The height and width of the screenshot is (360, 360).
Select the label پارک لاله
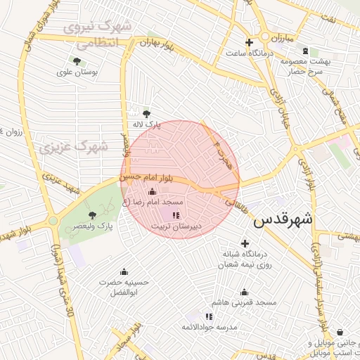click(x=148, y=124)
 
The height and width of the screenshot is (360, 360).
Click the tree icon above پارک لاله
click(x=146, y=113)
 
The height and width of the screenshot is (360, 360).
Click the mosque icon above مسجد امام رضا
click(x=152, y=192)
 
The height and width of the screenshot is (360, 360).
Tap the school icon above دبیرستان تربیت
click(x=176, y=215)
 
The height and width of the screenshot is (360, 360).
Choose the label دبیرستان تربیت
click(x=176, y=226)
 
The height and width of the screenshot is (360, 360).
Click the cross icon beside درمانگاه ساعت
click(x=249, y=42)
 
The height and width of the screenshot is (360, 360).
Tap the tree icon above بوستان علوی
click(x=77, y=61)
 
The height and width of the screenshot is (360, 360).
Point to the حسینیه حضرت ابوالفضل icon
click(x=124, y=272)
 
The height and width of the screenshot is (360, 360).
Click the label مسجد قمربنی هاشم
click(x=247, y=302)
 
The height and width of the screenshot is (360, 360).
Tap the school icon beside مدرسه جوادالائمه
click(x=209, y=317)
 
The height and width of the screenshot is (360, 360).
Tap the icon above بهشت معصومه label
click(x=305, y=51)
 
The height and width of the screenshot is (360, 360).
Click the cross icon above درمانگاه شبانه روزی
click(x=245, y=243)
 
